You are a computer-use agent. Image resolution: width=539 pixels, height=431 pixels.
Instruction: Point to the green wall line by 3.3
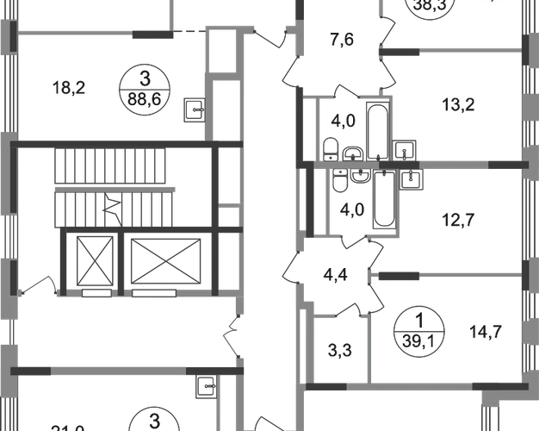pos(370,347)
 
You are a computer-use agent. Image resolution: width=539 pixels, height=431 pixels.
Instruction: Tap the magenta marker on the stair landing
pos(177,188)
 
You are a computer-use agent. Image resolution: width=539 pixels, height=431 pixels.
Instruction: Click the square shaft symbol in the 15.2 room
pos(195,109)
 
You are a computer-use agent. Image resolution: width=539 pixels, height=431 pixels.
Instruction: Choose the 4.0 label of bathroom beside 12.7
pos(350,209)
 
